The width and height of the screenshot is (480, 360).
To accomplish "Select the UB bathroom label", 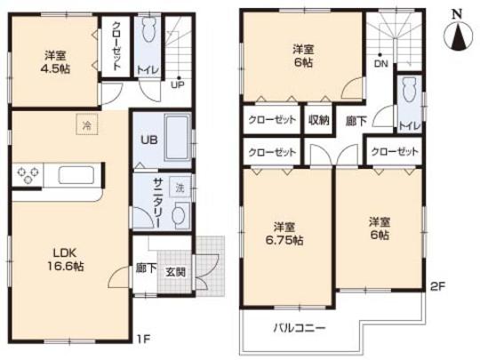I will pos(147,140).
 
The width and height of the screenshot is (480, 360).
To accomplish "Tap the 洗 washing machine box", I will pos(180,188).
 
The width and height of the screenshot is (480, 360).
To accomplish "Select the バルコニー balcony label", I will pos(298,326).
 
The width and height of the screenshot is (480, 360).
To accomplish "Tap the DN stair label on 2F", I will pos(380,63).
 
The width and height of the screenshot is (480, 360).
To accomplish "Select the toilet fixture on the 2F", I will pos(409,91).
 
